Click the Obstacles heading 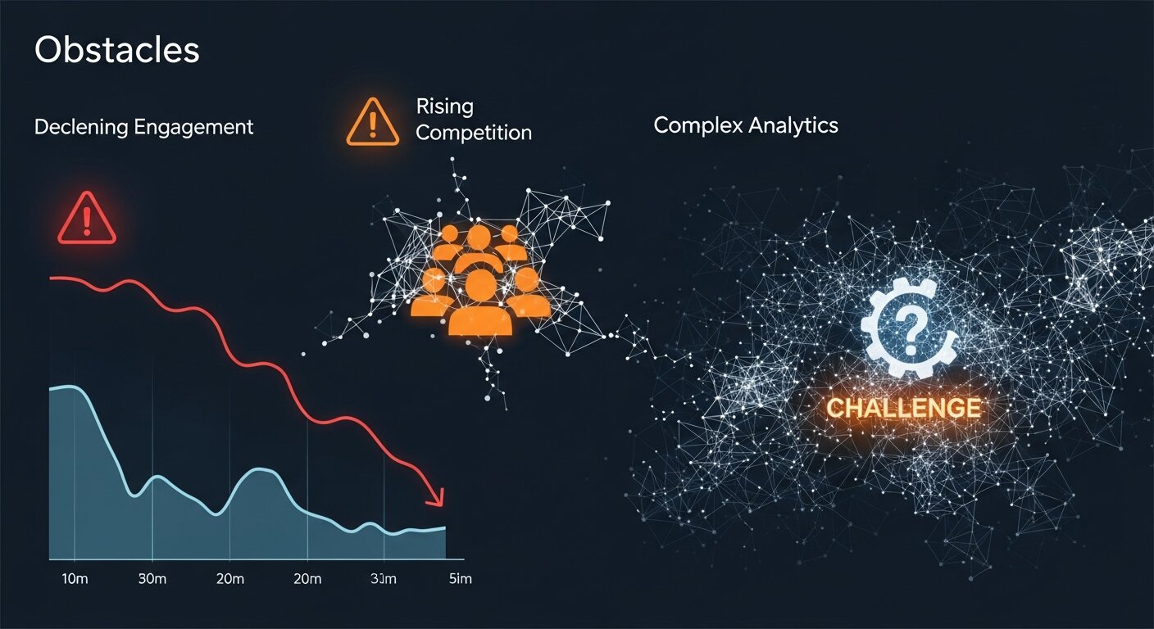point(117,51)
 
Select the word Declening point(80,127)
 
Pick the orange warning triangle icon point(373,123)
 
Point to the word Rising point(444,106)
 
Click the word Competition point(474,133)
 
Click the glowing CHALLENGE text point(903,407)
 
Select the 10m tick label point(75,580)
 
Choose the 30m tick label point(152,580)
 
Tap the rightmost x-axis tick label point(459,580)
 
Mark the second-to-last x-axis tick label point(383,580)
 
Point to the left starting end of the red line point(52,278)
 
